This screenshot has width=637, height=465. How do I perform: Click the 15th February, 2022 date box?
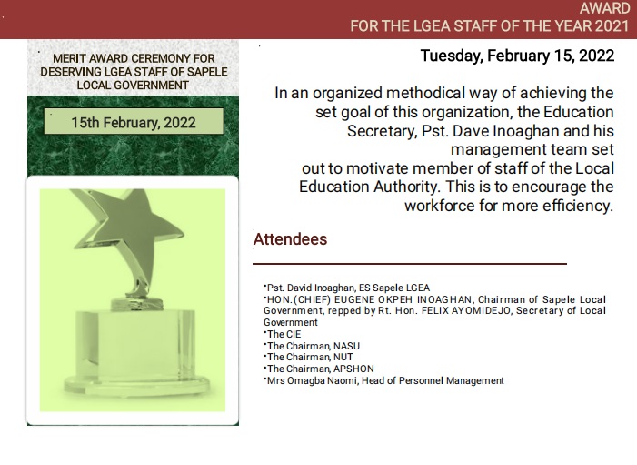point(134,121)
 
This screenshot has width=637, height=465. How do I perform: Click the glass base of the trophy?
point(136,349)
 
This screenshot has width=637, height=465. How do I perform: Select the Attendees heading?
point(290,239)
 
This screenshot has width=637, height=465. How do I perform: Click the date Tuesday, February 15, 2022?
point(517,56)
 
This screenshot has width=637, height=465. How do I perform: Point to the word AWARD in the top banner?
point(604,8)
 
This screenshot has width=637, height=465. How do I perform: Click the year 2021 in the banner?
point(612,26)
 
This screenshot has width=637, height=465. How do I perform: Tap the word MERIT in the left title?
point(67,58)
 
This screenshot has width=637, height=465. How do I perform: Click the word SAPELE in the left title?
point(207,72)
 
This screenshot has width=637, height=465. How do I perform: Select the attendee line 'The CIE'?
point(284,334)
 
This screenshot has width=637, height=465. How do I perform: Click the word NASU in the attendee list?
point(346,346)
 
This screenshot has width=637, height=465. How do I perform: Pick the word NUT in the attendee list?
point(343,358)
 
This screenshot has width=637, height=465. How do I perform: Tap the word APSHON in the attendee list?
point(353,369)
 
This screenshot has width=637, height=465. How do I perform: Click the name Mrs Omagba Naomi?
point(311,380)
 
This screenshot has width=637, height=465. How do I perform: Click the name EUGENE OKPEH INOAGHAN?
point(403,299)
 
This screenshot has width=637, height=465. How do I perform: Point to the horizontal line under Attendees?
point(410,264)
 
